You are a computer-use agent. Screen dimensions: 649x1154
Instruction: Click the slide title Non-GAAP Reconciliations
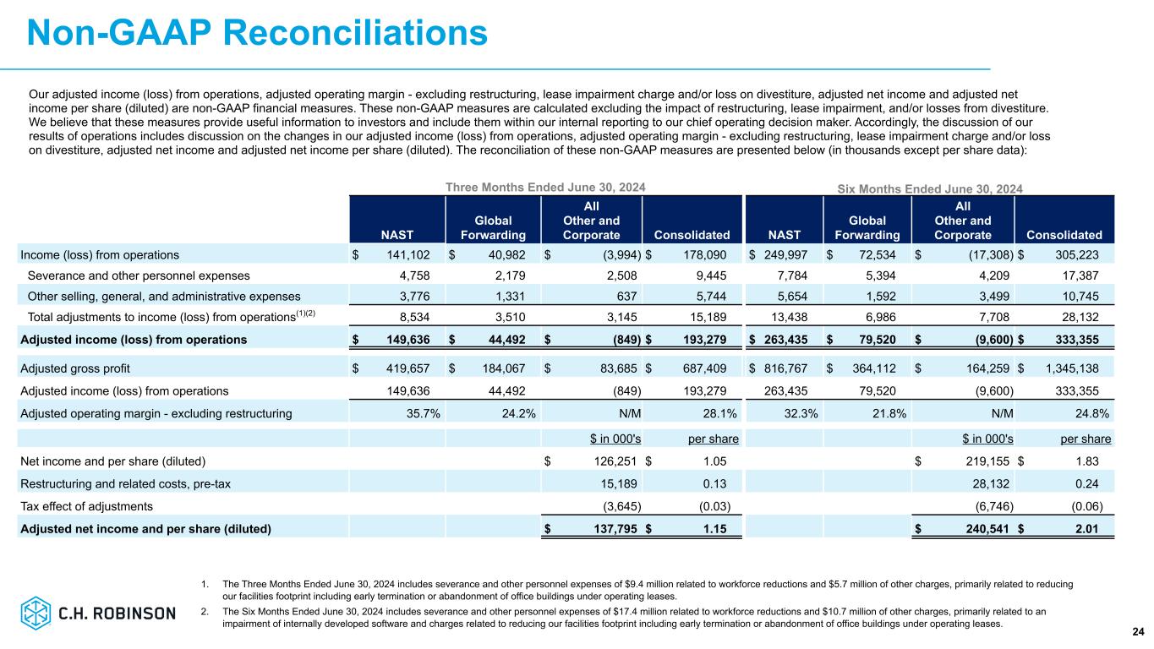coord(257,33)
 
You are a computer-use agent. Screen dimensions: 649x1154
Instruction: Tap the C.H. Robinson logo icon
coord(36,613)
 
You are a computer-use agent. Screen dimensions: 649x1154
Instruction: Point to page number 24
coord(1137,631)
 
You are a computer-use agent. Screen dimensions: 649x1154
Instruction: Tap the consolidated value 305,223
coord(1085,254)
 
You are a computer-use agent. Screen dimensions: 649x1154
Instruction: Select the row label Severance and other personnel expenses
coord(139,275)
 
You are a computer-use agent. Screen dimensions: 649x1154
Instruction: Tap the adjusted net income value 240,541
coord(986,530)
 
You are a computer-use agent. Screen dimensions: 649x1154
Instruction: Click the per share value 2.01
coord(1096,530)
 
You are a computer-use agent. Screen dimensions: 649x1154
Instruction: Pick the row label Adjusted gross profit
coord(75,368)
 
